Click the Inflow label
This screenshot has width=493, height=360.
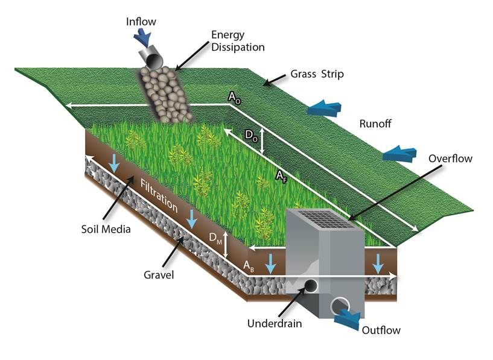(141, 22)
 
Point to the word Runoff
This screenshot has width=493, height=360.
(375, 124)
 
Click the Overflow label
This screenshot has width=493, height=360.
(450, 159)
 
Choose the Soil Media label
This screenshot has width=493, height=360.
(104, 230)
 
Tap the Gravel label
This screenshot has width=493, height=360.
(159, 276)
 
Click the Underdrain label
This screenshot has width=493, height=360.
(274, 323)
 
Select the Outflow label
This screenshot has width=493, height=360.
(381, 330)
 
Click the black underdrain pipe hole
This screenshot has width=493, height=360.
(313, 286)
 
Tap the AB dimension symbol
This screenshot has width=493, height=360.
(249, 265)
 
